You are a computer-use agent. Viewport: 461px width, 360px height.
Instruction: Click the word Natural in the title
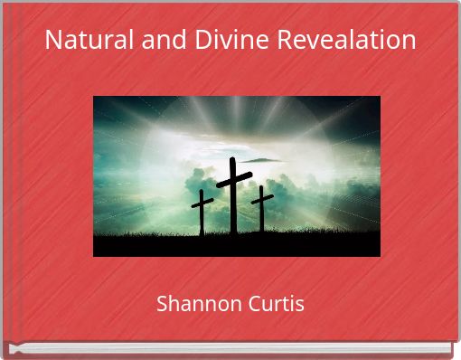pyautogui.click(x=84, y=41)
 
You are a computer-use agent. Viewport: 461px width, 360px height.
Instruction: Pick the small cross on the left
pyautogui.click(x=202, y=213)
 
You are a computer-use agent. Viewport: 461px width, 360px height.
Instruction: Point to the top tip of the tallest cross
pyautogui.click(x=232, y=159)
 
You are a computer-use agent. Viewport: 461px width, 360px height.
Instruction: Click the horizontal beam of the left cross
pyautogui.click(x=202, y=202)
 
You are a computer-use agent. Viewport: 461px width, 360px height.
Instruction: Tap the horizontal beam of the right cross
pyautogui.click(x=262, y=196)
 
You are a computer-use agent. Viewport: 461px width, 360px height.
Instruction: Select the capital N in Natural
pyautogui.click(x=52, y=41)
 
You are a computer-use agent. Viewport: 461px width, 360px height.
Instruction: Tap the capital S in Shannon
pyautogui.click(x=163, y=304)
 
